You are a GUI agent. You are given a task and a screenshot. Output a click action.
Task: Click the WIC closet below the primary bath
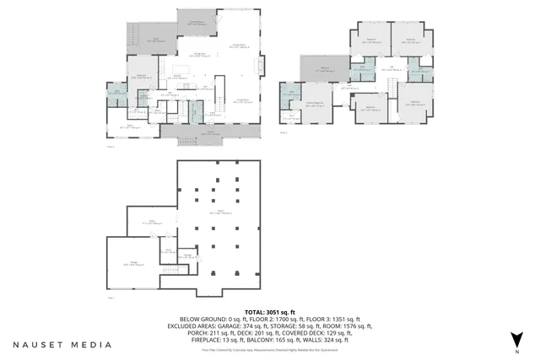tap(290, 118)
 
